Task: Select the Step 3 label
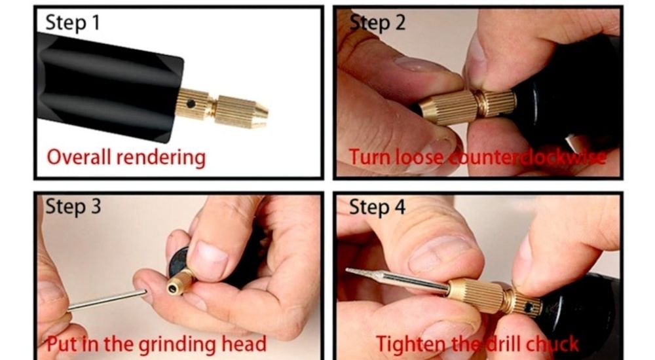(x=73, y=207)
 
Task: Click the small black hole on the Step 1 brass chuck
(x=191, y=103)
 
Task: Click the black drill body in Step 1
(x=105, y=85)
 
